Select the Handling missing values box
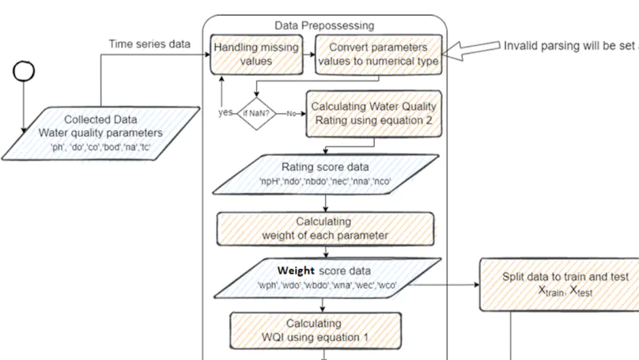(257, 55)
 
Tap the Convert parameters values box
(377, 55)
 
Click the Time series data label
(149, 44)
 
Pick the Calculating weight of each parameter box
(325, 229)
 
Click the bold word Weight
(297, 271)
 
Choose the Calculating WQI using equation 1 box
(314, 331)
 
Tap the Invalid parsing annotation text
(570, 45)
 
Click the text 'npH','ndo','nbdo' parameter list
(325, 181)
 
